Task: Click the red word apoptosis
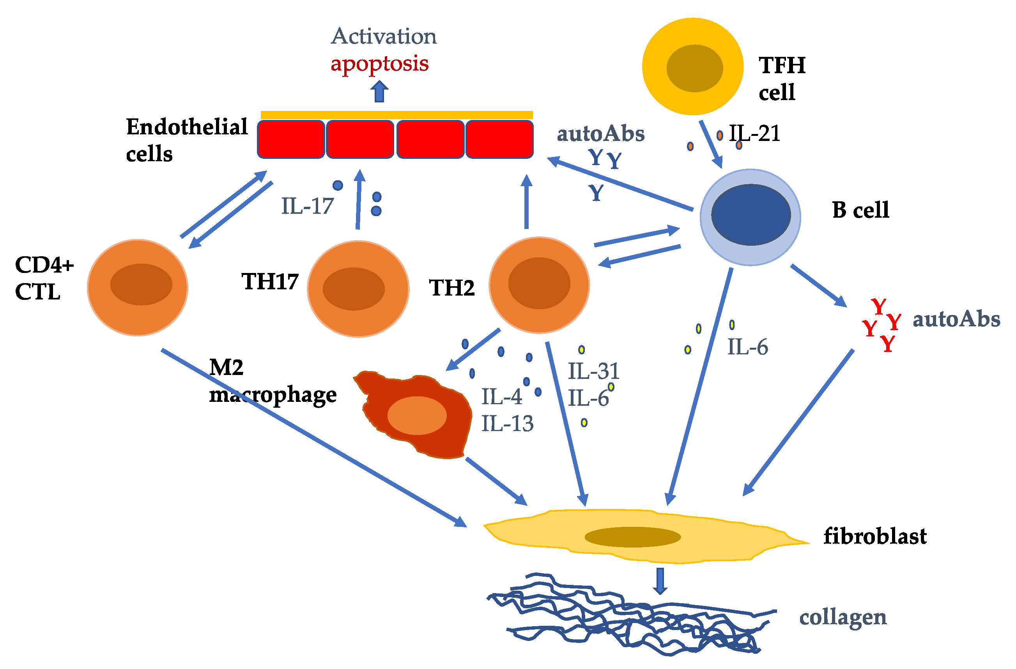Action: [379, 64]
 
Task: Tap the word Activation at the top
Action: [384, 36]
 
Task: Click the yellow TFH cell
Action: [692, 67]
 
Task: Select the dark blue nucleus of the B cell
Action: [750, 215]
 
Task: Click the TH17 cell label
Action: [270, 282]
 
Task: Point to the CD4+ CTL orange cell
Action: [138, 287]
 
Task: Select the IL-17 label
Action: [307, 206]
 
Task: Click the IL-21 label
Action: [755, 133]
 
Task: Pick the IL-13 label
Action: [507, 424]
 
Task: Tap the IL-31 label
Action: [593, 371]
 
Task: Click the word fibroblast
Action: [874, 536]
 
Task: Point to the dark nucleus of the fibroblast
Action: [632, 537]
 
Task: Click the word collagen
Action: [843, 617]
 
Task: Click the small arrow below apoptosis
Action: [379, 92]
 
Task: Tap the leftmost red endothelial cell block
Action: [291, 139]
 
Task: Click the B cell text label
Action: [860, 210]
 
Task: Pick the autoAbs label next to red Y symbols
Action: [956, 319]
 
